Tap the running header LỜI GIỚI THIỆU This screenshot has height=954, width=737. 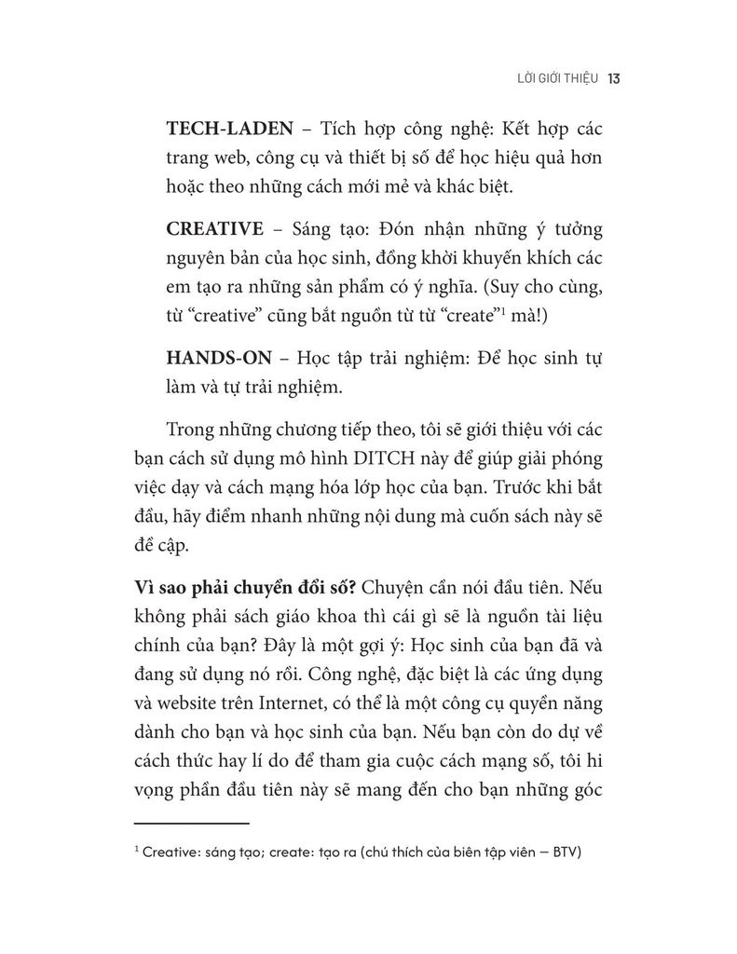coord(551,79)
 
